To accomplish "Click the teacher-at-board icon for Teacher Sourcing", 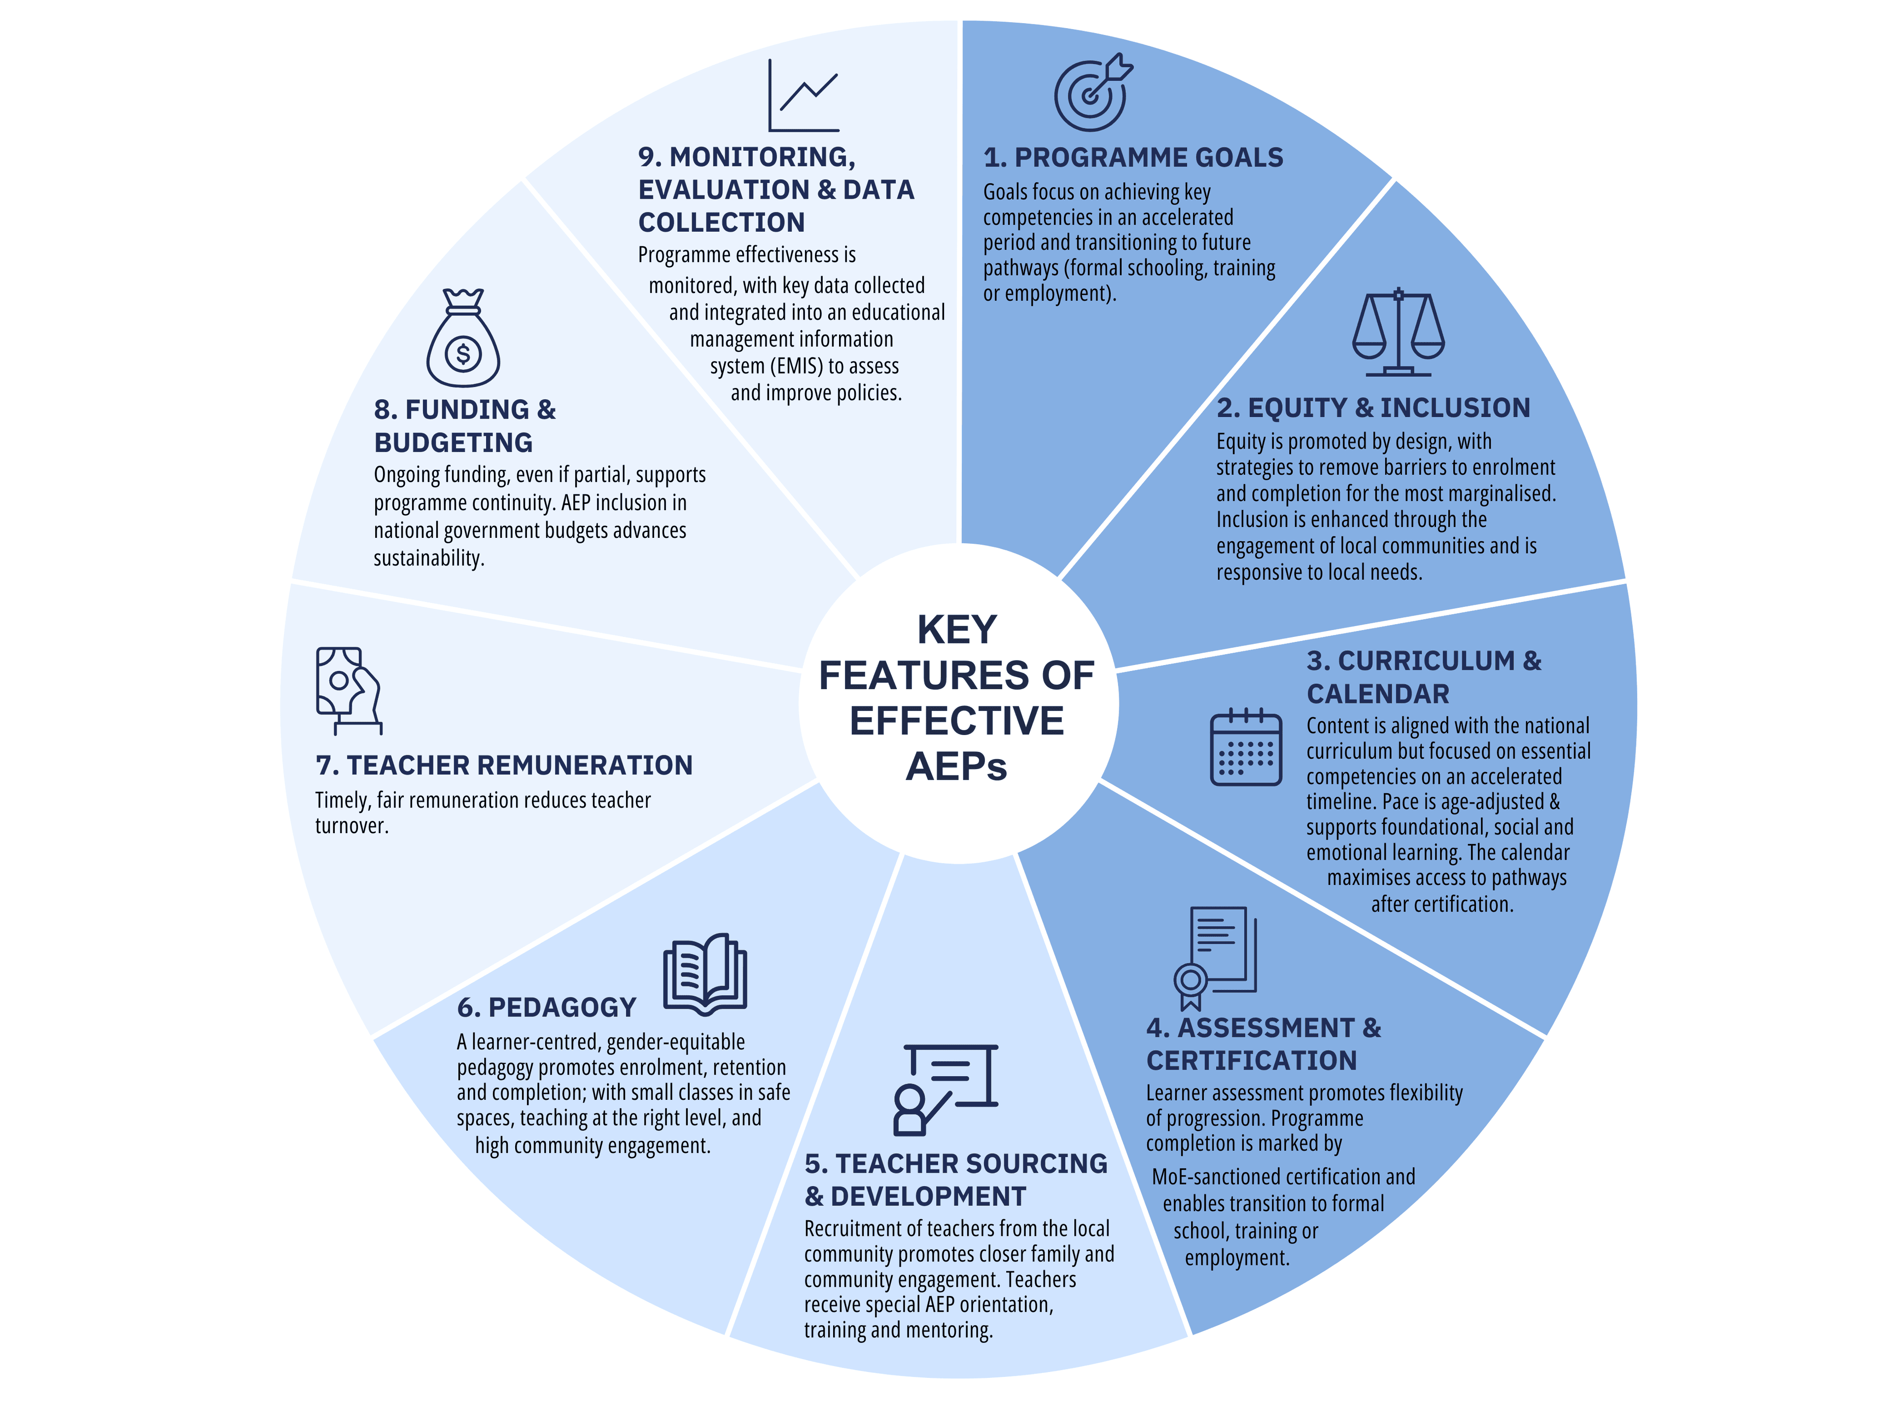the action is pyautogui.click(x=945, y=1090).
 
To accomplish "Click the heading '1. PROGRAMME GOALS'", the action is pyautogui.click(x=1133, y=157).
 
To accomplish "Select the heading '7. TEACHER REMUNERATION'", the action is pyautogui.click(x=504, y=765).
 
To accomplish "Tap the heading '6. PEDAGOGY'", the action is pyautogui.click(x=546, y=1008).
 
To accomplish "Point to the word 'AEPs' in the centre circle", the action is pyautogui.click(x=957, y=767).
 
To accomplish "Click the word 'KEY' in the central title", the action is pyautogui.click(x=957, y=630).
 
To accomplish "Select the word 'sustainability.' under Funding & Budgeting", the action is pyautogui.click(x=429, y=559).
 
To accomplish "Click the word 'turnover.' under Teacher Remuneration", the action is pyautogui.click(x=351, y=826).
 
